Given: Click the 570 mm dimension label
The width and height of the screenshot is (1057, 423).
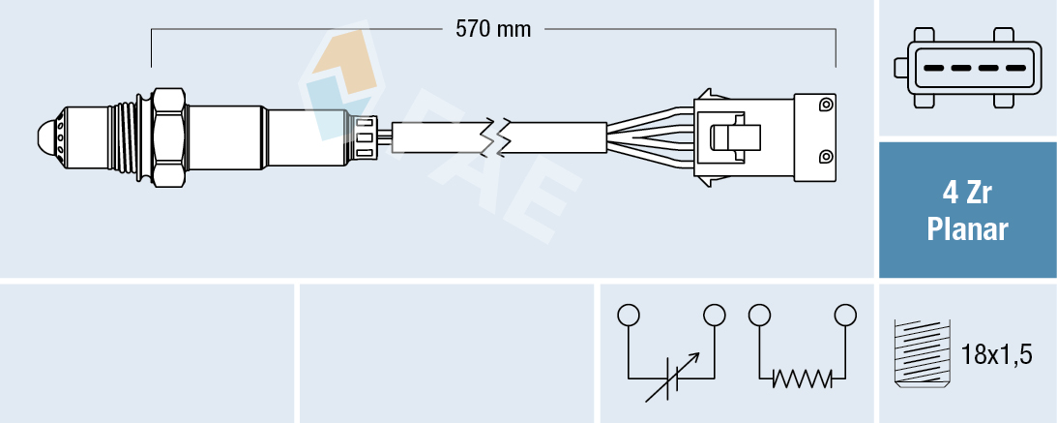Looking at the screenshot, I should pos(493,29).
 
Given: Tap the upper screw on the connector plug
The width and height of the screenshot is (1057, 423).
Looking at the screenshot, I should pos(825,105).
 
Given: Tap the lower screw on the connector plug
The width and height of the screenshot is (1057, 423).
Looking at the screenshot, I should pos(825,157).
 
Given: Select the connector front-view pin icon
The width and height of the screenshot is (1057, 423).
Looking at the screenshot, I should pos(967,69).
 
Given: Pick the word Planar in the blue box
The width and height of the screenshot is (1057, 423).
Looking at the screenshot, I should pos(967,230).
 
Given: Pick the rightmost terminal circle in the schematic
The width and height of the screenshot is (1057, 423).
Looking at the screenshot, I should pos(845,315).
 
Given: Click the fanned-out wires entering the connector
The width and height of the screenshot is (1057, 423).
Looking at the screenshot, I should pos(650,136).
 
